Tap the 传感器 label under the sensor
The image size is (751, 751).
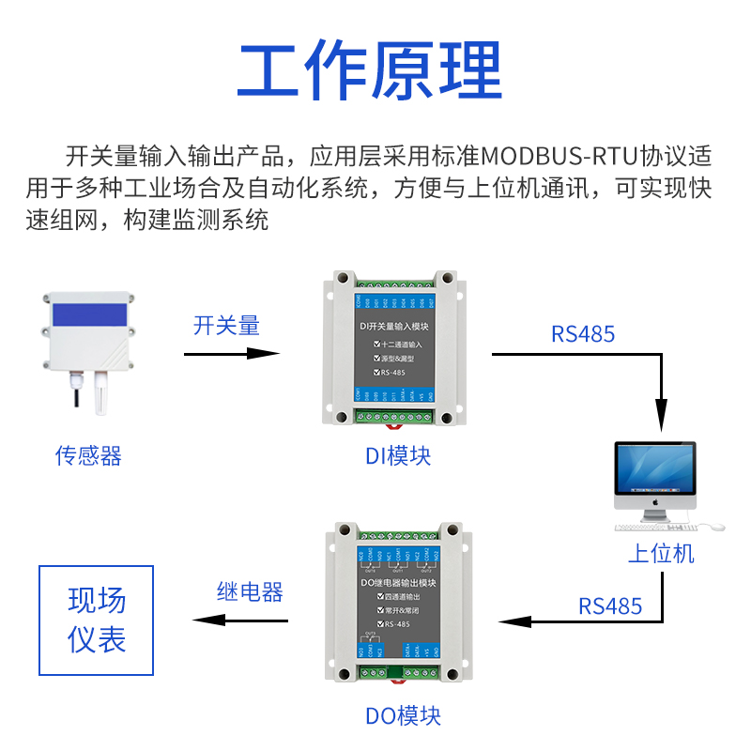point(88,456)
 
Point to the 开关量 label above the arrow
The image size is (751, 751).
point(226,326)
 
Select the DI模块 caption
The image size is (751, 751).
point(398,456)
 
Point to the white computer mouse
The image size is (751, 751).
point(715,527)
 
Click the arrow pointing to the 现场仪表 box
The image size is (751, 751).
point(239,620)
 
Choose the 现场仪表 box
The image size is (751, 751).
point(96,620)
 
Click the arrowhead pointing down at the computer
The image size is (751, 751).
point(663,419)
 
